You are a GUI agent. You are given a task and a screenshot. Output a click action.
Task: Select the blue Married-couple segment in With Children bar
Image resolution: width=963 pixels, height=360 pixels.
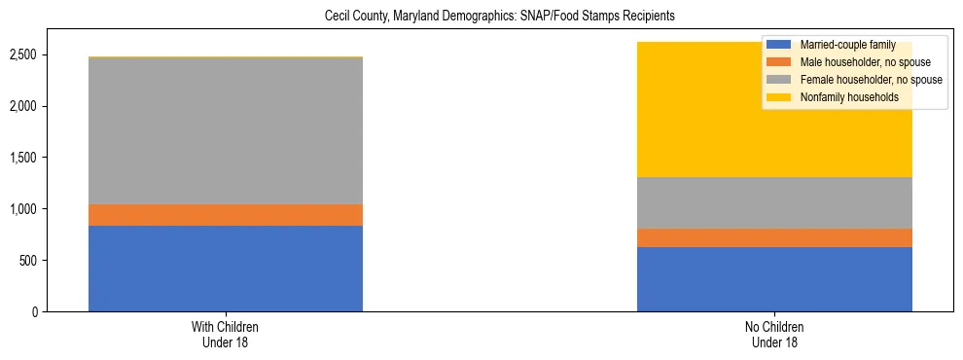click(x=226, y=269)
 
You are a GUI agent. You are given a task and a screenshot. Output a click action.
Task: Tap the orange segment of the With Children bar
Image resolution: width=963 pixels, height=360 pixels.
click(x=226, y=215)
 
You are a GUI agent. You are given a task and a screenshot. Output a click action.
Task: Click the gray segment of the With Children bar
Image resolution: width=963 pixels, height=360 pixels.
click(x=226, y=131)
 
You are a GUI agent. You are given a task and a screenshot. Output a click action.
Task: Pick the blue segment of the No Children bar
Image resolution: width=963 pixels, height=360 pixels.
click(x=774, y=279)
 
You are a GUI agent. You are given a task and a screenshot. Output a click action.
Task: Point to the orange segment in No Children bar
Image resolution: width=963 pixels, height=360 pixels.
click(x=774, y=237)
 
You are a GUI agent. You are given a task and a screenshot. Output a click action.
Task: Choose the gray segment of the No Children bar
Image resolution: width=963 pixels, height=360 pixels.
click(x=774, y=202)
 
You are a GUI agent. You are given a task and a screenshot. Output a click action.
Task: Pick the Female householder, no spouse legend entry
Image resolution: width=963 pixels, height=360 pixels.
click(x=856, y=80)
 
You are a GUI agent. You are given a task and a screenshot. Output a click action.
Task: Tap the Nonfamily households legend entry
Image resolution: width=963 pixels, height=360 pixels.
click(x=841, y=97)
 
